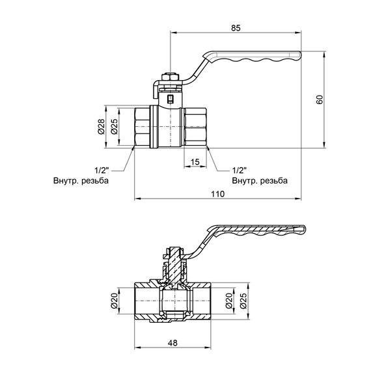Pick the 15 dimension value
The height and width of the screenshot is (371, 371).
pyautogui.click(x=195, y=161)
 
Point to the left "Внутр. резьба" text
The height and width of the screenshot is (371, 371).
pyautogui.click(x=81, y=181)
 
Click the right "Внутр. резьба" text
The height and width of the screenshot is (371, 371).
pyautogui.click(x=259, y=181)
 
